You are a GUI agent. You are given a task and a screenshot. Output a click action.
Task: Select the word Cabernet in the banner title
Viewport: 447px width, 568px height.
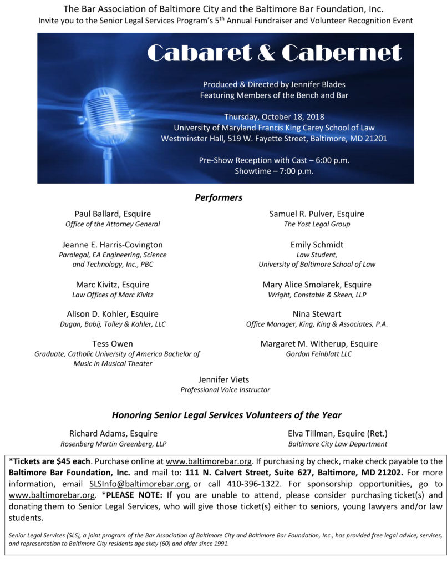tap(341, 53)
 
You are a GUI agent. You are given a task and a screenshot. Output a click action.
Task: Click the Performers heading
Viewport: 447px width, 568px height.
tap(219, 197)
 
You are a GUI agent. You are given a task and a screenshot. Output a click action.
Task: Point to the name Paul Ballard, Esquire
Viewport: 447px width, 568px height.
tap(113, 214)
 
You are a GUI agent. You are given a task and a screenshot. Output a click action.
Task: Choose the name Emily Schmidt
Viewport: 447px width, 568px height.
tap(317, 245)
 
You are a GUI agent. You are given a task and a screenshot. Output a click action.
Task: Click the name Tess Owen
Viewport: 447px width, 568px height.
tap(113, 343)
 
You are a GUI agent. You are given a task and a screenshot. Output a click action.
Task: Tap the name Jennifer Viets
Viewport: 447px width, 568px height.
tap(225, 379)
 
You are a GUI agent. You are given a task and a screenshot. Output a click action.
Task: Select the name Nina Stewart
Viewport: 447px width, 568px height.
tap(317, 314)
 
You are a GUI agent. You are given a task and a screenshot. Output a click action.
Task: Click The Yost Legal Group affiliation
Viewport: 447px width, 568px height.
tap(317, 224)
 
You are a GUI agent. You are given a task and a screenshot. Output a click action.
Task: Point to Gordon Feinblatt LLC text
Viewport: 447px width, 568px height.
tap(318, 354)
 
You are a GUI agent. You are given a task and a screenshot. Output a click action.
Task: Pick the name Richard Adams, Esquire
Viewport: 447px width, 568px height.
tap(113, 433)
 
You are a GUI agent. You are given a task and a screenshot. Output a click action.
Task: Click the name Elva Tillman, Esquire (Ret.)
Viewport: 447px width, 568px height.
tap(337, 433)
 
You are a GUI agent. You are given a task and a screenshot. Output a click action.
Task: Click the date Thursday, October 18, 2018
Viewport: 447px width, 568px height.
tap(274, 116)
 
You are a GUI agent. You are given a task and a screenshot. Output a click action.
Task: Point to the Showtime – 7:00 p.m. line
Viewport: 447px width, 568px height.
tap(274, 171)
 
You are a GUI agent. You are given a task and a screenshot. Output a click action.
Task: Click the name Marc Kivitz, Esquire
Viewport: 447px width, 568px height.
tap(113, 285)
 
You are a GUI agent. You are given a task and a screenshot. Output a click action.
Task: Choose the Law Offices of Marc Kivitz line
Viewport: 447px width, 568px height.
tap(113, 295)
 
